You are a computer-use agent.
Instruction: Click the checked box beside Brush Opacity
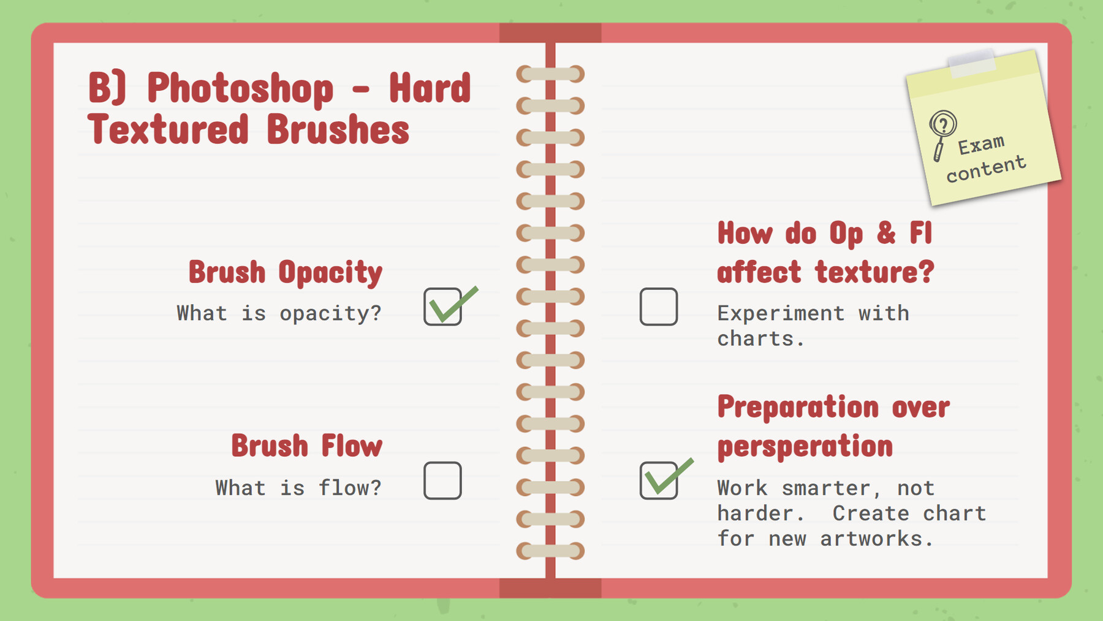click(x=442, y=307)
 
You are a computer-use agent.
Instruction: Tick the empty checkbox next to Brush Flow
click(x=442, y=481)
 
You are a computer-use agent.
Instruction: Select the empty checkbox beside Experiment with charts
click(x=658, y=307)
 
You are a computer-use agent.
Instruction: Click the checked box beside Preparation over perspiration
click(x=659, y=481)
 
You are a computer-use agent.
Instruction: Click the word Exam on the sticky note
click(x=982, y=145)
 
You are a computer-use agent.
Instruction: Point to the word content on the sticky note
click(x=986, y=169)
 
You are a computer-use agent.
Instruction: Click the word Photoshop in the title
click(x=240, y=88)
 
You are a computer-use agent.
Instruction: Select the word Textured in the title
click(x=168, y=130)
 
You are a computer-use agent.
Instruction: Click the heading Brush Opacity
click(x=285, y=272)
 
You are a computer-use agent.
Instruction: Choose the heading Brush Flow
click(x=306, y=446)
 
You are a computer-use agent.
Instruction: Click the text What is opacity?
click(x=279, y=313)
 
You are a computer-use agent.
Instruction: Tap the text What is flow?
click(x=298, y=488)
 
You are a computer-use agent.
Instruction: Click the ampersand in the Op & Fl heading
click(x=886, y=234)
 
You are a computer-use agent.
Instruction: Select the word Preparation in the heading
click(x=798, y=407)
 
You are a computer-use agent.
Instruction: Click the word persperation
click(x=805, y=446)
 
